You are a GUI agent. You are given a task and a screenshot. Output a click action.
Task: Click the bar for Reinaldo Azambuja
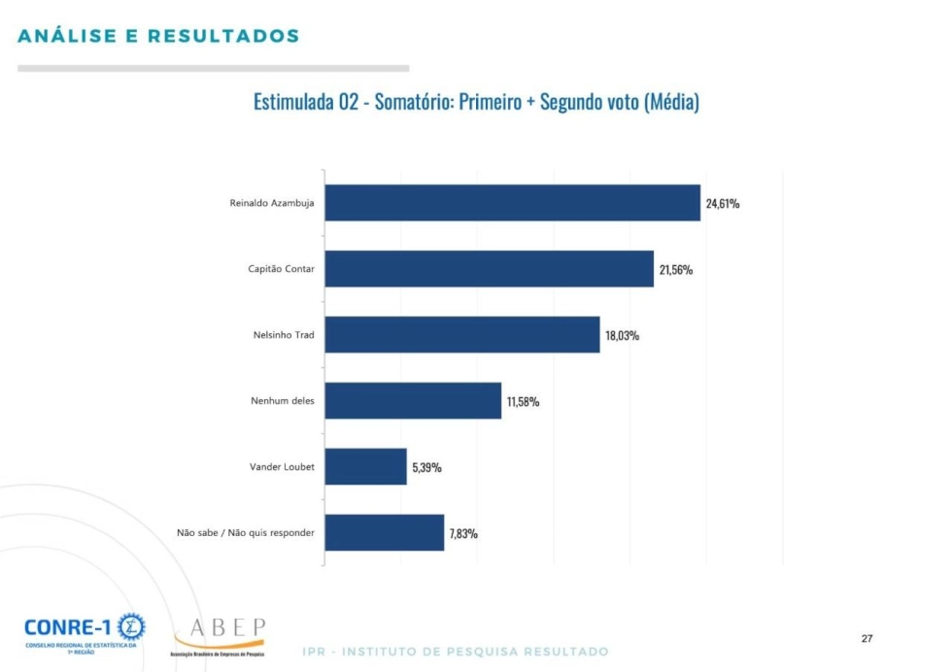coord(512,202)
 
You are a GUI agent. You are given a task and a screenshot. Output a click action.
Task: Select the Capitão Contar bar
coord(489,268)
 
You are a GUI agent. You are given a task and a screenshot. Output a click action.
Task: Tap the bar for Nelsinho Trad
coord(461,334)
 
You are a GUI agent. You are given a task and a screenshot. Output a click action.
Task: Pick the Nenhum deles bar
coord(413,400)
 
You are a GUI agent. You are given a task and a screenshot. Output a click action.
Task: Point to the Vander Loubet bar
coord(365,466)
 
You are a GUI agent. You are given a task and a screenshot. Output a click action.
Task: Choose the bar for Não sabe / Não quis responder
coord(384,532)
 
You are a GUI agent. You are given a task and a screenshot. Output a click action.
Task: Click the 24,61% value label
coord(723,203)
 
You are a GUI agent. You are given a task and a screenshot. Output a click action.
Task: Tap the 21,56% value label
coord(676,269)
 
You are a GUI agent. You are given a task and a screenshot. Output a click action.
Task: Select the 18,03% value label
coord(622,335)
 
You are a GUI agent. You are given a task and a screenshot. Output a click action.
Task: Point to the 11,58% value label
coord(523,401)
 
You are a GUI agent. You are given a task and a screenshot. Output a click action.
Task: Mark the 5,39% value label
coord(426,467)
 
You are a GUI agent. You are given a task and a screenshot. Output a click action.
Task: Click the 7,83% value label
coord(463,533)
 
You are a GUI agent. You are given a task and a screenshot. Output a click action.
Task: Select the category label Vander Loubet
coord(282,466)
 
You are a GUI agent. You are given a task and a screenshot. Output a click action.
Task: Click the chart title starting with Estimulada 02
coord(476,102)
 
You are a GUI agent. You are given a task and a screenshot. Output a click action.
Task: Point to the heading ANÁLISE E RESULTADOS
coord(158,37)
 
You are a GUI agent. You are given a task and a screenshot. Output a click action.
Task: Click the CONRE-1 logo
coord(85,631)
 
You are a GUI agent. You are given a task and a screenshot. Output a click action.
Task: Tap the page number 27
coord(867,638)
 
